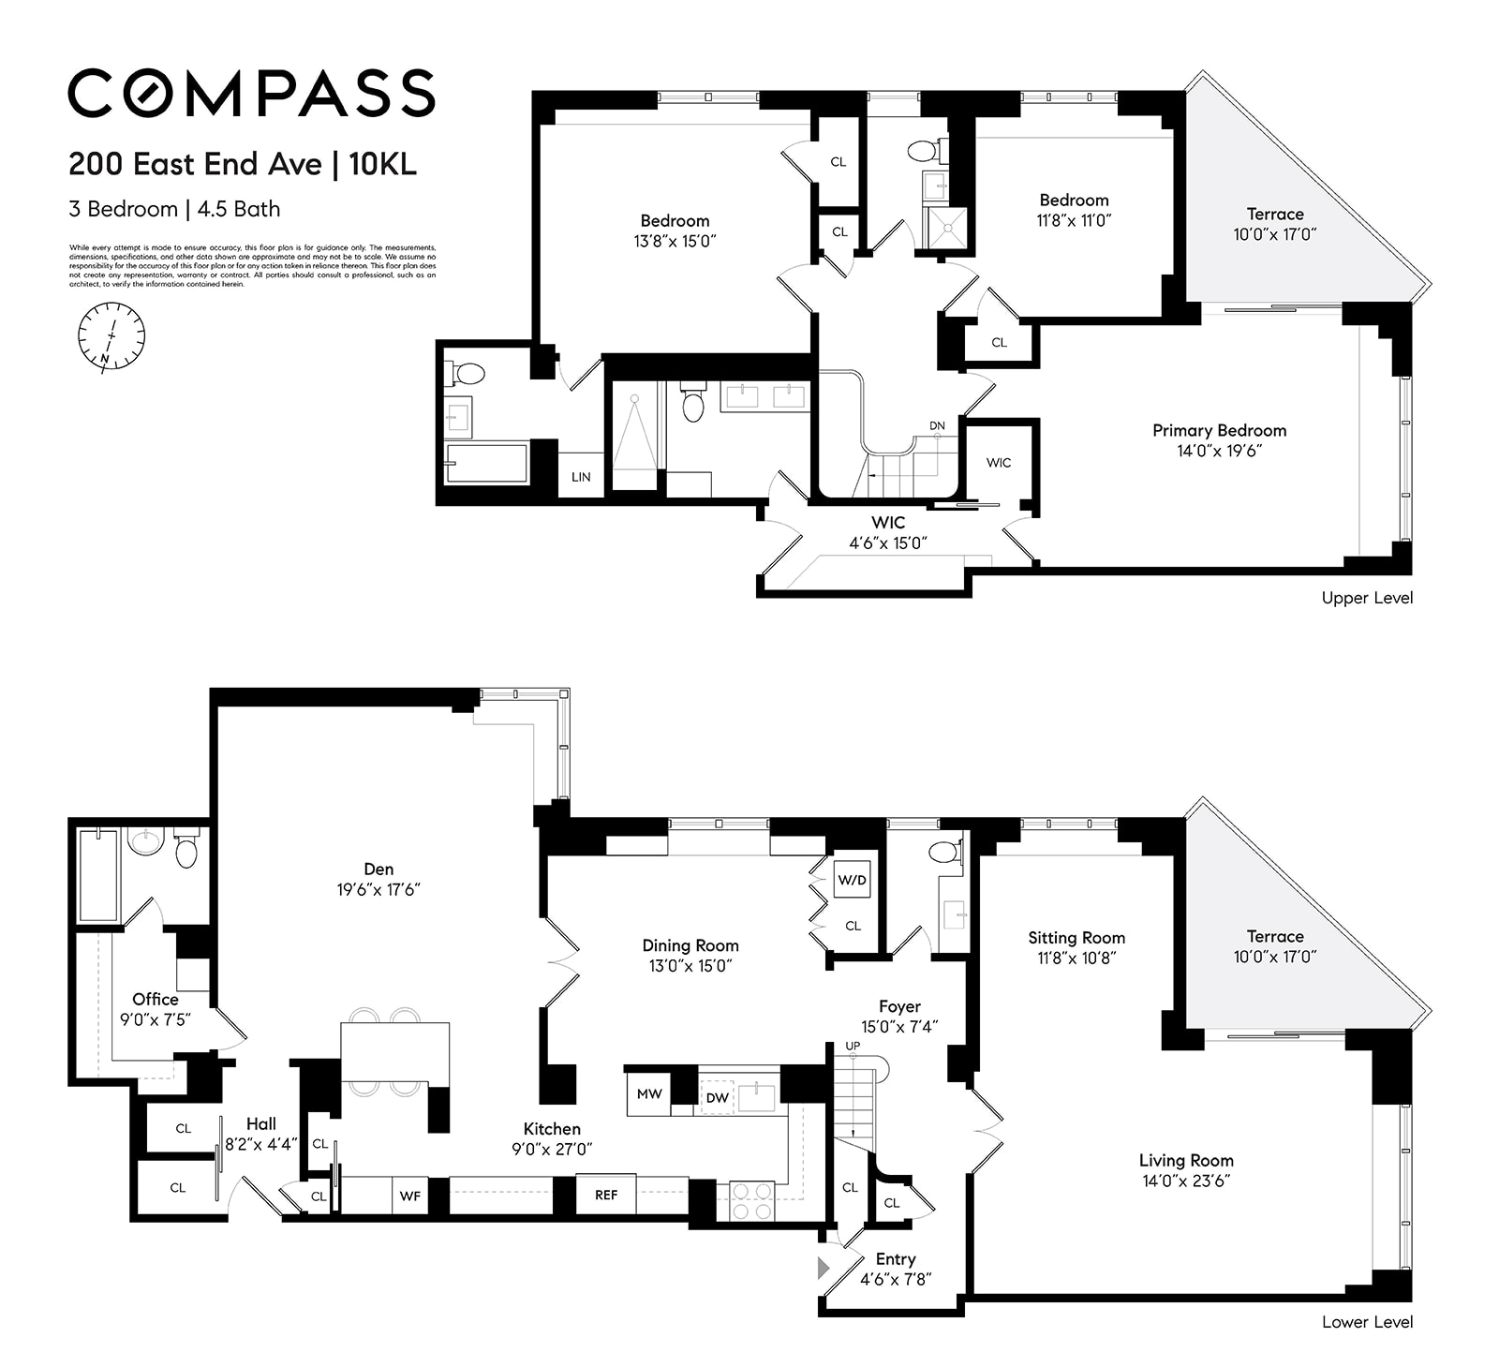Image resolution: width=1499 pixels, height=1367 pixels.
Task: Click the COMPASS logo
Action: [251, 92]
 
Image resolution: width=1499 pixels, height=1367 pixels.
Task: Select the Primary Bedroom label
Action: [1219, 430]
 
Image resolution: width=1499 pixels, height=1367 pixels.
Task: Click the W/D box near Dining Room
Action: [852, 881]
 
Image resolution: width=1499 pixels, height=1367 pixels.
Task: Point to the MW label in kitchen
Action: [649, 1093]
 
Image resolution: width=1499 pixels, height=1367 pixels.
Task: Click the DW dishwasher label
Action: [717, 1097]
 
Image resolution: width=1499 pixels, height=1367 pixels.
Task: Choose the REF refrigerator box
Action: [606, 1195]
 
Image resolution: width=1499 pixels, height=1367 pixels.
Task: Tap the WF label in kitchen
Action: [410, 1196]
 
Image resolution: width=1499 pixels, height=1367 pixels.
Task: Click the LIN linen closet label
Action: [581, 477]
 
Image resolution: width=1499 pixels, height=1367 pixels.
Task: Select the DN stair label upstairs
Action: [937, 425]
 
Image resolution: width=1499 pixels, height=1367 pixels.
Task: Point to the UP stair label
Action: [853, 1046]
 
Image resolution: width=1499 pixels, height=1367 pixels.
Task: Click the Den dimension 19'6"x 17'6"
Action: [378, 889]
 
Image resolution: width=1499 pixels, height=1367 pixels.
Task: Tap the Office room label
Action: [156, 999]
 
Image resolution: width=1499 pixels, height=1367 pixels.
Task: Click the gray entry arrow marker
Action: [824, 1269]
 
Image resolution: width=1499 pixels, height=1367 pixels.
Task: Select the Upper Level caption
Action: [1366, 598]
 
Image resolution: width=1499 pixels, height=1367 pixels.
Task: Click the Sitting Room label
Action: [1076, 937]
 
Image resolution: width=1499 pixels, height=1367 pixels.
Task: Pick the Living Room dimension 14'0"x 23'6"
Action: [1186, 1181]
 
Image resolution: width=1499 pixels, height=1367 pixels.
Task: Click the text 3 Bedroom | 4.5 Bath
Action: [174, 209]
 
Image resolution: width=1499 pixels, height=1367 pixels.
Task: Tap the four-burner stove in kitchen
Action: [751, 1200]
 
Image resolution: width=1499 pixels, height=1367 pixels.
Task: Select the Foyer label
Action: [899, 1006]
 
